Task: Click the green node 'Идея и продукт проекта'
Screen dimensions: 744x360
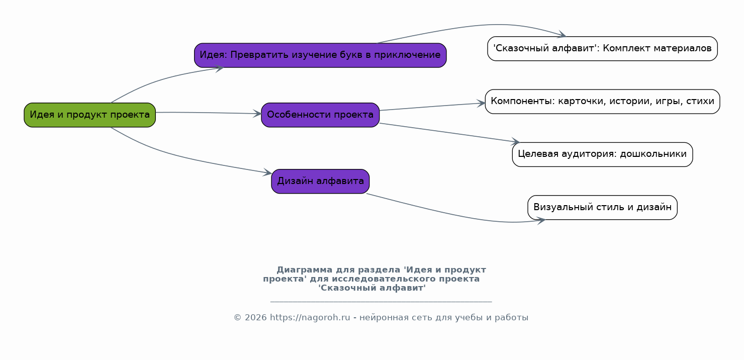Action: pos(89,115)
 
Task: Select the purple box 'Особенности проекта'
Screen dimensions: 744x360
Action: pos(320,115)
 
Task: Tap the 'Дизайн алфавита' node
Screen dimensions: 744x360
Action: pos(320,182)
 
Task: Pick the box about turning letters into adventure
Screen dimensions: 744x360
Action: pos(320,55)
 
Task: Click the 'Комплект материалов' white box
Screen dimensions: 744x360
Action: pos(603,48)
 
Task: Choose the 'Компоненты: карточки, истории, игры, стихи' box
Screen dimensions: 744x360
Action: pos(603,101)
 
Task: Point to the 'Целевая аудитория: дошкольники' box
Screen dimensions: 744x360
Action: pos(603,154)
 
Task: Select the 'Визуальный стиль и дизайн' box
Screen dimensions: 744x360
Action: pos(603,207)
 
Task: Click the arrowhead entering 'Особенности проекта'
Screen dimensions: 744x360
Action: pos(257,114)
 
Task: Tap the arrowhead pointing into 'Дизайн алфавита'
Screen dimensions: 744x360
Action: pos(267,172)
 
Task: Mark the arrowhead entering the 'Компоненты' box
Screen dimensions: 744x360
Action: pos(481,103)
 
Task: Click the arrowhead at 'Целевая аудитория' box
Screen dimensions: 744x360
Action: pos(515,141)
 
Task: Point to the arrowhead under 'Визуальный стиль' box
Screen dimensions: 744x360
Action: pos(541,221)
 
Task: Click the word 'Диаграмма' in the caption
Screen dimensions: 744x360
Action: pos(304,269)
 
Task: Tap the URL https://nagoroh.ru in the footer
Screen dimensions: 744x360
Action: pos(310,318)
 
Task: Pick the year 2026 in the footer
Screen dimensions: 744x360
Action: pos(255,318)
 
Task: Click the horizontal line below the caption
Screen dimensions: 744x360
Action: pos(381,302)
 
